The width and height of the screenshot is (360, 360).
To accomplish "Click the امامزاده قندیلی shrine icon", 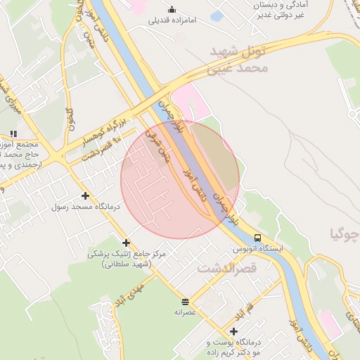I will (x=172, y=9).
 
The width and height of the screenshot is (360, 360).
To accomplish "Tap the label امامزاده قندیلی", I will (x=173, y=20).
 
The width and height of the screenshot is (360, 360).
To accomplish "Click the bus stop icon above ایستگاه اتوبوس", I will (x=258, y=238).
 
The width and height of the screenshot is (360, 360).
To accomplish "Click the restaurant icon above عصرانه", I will (x=185, y=300).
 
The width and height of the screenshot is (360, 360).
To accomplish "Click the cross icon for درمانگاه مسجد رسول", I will (x=86, y=195).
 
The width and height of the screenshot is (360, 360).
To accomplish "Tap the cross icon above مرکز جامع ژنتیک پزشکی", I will (x=127, y=243).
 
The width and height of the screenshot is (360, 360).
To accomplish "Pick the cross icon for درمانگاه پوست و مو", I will (x=233, y=331).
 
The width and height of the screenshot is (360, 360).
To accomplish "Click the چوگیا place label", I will (x=345, y=234).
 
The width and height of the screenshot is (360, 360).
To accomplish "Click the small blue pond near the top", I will (x=217, y=15).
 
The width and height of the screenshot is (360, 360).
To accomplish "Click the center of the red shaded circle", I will (x=180, y=179).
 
